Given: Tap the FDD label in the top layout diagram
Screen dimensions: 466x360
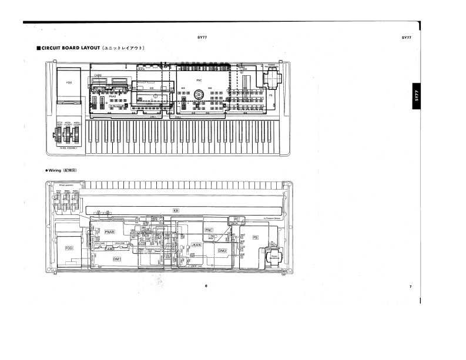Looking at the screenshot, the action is coord(69,83).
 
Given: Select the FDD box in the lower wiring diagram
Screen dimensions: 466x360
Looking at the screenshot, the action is coord(69,248).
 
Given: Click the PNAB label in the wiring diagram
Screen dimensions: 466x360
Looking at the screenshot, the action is coord(110,233).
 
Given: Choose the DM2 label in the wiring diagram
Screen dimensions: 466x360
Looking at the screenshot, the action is coord(222,251).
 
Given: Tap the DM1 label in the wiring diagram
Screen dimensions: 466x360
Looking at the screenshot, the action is coord(117,258).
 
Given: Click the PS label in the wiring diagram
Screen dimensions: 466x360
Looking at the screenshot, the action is coord(255,237).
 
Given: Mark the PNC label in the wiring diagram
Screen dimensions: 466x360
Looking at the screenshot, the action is coord(209,230).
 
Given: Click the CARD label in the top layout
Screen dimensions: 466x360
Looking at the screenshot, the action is coord(98,76).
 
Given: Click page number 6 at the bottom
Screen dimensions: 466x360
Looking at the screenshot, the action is coord(206,286).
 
